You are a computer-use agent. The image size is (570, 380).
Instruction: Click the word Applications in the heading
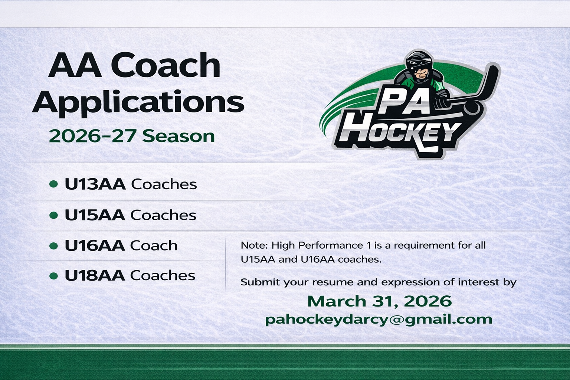point(138,101)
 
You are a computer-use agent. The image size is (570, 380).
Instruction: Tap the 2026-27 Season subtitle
point(132,136)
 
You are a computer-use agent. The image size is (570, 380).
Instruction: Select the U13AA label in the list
point(95,184)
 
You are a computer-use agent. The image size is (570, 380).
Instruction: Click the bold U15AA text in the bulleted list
point(95,215)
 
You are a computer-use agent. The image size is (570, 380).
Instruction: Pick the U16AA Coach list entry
point(121,245)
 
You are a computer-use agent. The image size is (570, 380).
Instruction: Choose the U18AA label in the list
point(95,275)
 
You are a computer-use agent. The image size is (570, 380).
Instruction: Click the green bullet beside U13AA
point(53,184)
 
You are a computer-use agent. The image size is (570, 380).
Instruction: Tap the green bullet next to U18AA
point(53,276)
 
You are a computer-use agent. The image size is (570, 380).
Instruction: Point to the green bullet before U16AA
point(53,246)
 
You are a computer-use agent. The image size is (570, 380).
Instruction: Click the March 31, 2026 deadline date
point(379,301)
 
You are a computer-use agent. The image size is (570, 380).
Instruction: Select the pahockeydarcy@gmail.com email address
point(379,320)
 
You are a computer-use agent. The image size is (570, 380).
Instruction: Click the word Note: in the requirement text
point(254,245)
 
